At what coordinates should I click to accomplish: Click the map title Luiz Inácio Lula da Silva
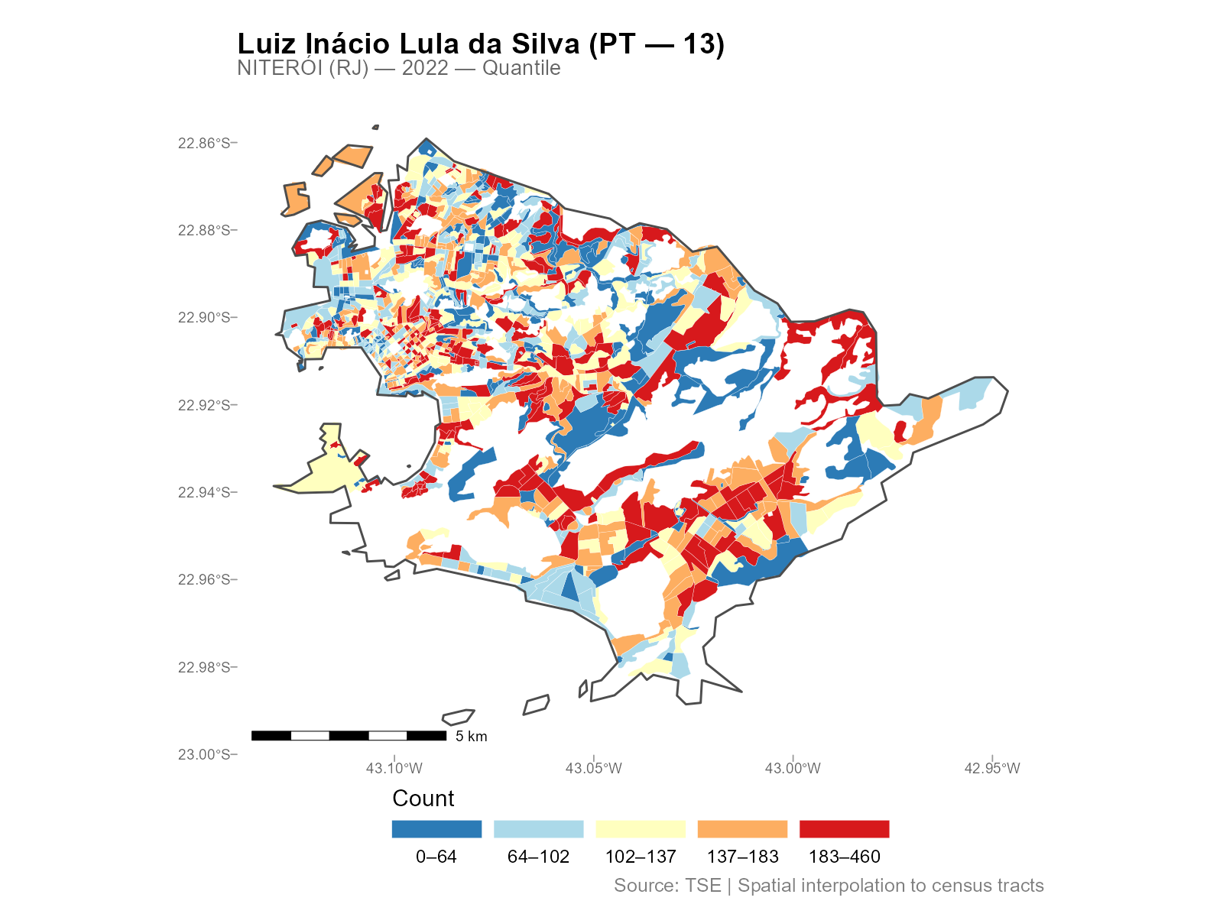(480, 44)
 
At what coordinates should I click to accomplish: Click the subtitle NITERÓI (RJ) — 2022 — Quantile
(398, 68)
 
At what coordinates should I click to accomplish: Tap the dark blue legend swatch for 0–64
(436, 829)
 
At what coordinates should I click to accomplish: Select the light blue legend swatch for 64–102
(538, 829)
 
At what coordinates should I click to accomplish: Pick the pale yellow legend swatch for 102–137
(641, 829)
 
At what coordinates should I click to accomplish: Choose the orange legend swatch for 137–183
(742, 829)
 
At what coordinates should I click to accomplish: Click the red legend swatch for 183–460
(844, 829)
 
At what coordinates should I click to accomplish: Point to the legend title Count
(423, 799)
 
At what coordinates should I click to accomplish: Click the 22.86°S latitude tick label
(203, 143)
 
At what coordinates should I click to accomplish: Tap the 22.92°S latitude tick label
(203, 405)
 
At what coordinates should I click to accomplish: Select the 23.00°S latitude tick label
(203, 755)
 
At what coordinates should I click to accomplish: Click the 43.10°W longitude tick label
(394, 769)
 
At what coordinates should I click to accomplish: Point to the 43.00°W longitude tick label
(793, 769)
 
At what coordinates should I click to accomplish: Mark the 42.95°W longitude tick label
(992, 769)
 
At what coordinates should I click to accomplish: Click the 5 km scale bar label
(471, 737)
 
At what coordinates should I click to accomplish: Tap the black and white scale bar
(349, 736)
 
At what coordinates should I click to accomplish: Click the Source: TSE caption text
(829, 886)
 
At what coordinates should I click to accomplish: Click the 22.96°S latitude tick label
(203, 580)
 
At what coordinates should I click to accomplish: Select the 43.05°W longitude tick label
(594, 769)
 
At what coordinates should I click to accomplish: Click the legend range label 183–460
(844, 857)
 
